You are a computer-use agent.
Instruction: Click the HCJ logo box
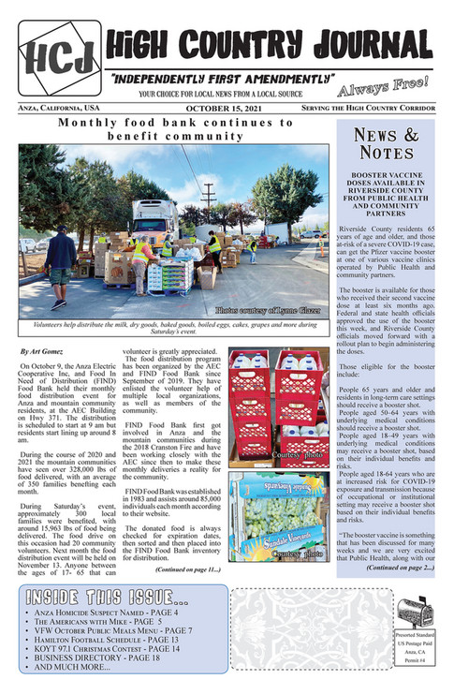click(x=59, y=58)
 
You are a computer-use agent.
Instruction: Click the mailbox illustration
click(x=413, y=614)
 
